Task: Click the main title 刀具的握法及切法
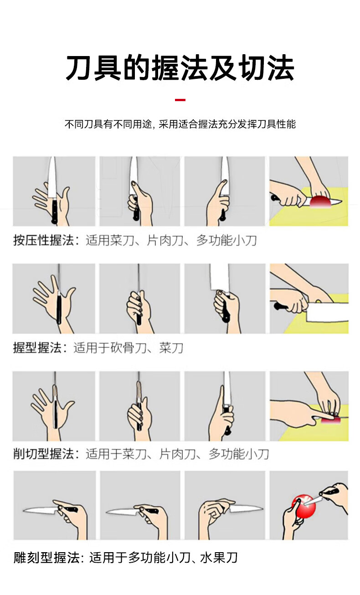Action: [180, 68]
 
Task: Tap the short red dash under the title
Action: [180, 100]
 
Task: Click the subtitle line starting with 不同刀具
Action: [180, 124]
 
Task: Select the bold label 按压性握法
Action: [43, 241]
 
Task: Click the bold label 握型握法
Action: [37, 348]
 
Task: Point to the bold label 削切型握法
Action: [43, 454]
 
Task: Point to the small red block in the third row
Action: [330, 421]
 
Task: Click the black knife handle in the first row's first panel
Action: [55, 211]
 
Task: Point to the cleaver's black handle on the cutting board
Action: [281, 307]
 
